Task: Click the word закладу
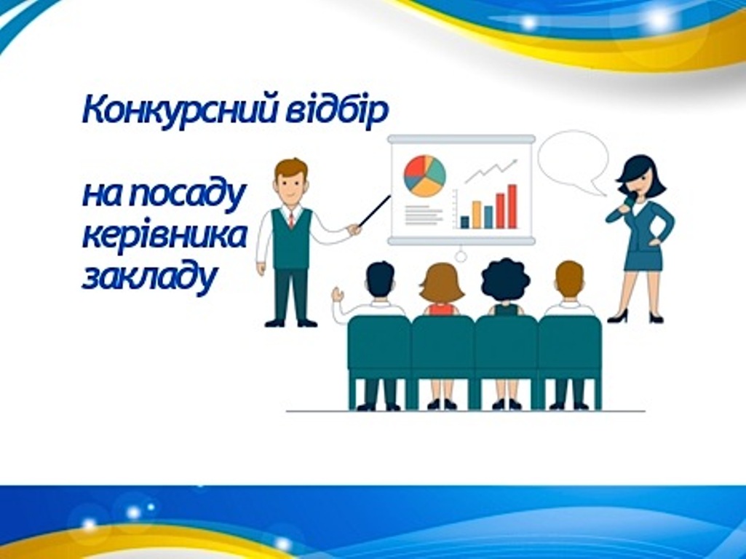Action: click(x=149, y=277)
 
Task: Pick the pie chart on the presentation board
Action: click(x=424, y=176)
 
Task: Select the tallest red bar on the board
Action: click(x=512, y=207)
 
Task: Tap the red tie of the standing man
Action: click(x=291, y=220)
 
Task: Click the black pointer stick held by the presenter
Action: click(x=375, y=210)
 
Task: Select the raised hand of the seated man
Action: click(x=338, y=294)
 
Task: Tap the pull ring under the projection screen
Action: click(x=461, y=256)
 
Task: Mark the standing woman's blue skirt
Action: click(x=643, y=259)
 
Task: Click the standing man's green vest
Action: click(x=291, y=239)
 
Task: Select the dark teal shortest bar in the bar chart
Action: click(x=464, y=222)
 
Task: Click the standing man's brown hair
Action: click(x=291, y=168)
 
